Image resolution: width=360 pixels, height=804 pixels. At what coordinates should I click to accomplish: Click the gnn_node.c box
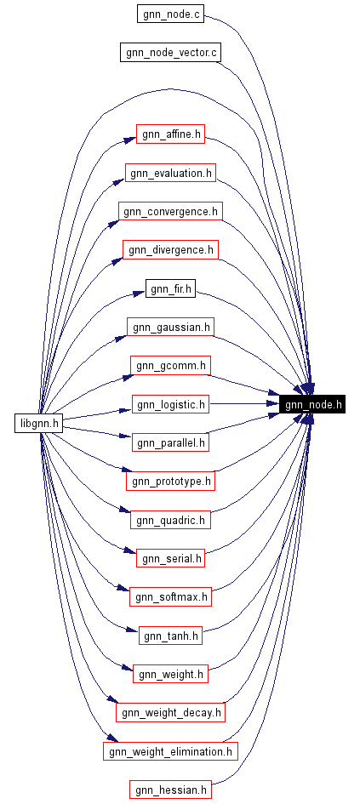(170, 14)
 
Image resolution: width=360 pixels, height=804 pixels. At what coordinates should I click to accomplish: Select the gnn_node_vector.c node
(170, 53)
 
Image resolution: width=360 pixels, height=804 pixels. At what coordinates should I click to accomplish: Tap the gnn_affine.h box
(170, 134)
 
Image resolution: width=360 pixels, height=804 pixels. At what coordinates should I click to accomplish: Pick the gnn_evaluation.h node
(170, 174)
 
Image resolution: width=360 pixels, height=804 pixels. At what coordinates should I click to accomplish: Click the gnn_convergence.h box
(170, 212)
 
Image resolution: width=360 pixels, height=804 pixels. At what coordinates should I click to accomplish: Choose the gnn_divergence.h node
(170, 250)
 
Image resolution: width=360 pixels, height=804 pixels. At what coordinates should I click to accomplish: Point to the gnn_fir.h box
(170, 289)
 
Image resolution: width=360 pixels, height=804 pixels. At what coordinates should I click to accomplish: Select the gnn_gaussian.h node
(170, 328)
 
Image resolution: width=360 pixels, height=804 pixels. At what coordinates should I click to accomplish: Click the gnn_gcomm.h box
(170, 366)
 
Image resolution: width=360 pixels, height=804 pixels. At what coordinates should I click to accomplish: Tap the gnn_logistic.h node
(170, 404)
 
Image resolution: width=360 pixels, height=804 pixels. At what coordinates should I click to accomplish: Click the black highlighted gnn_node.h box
(311, 404)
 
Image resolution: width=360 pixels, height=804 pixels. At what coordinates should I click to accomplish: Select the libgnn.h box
(39, 423)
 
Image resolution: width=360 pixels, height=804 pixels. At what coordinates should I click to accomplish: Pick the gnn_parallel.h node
(170, 442)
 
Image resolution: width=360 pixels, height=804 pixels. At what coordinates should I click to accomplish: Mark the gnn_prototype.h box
(170, 482)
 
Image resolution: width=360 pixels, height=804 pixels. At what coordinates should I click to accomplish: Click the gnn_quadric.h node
(170, 520)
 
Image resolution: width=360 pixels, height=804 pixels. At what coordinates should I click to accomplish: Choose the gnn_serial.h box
(170, 558)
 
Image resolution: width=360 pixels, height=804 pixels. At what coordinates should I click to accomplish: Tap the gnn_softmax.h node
(170, 597)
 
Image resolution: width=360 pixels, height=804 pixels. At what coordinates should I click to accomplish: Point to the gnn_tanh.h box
(170, 636)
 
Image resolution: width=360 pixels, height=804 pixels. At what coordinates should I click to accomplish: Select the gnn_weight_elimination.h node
(170, 751)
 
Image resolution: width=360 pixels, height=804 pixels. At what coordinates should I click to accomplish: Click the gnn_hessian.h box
(170, 790)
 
